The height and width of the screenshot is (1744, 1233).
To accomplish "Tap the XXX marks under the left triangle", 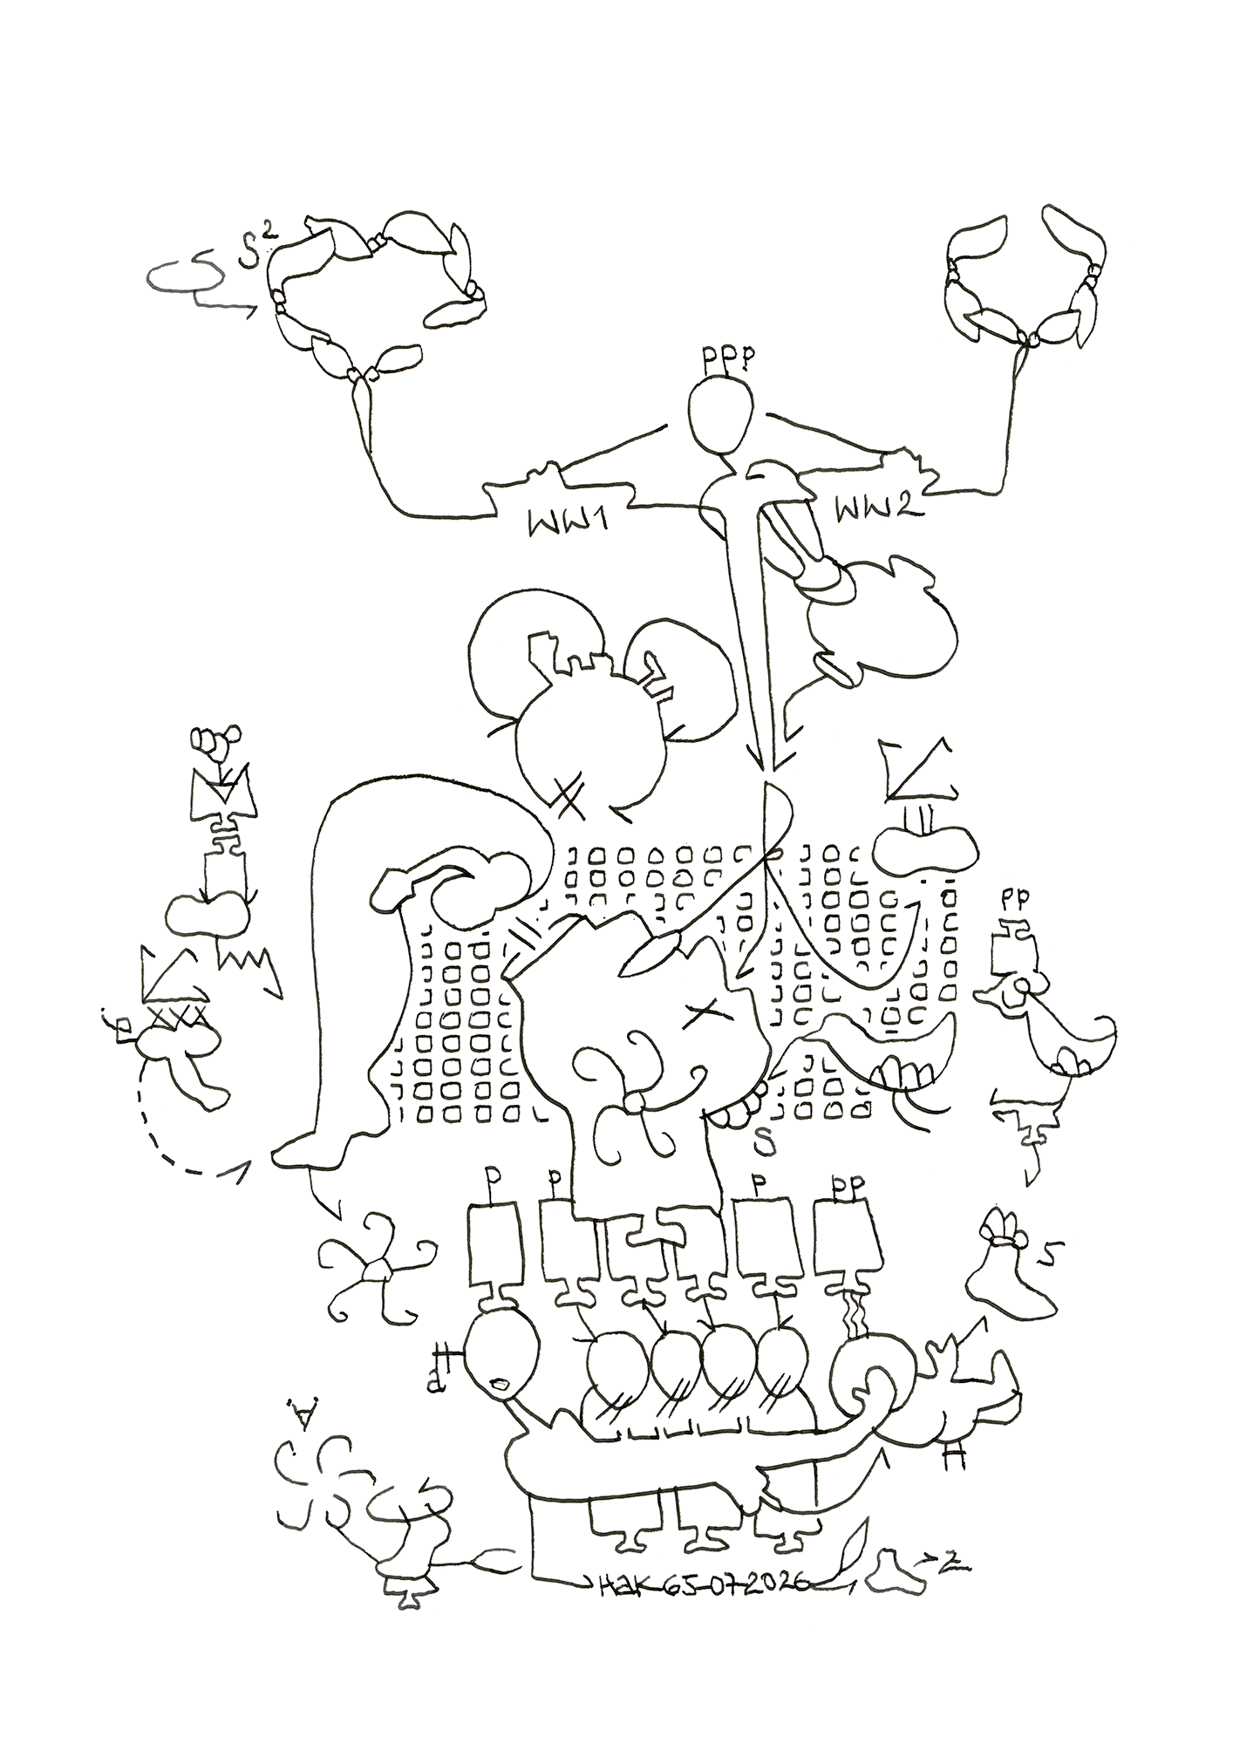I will tap(177, 1014).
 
